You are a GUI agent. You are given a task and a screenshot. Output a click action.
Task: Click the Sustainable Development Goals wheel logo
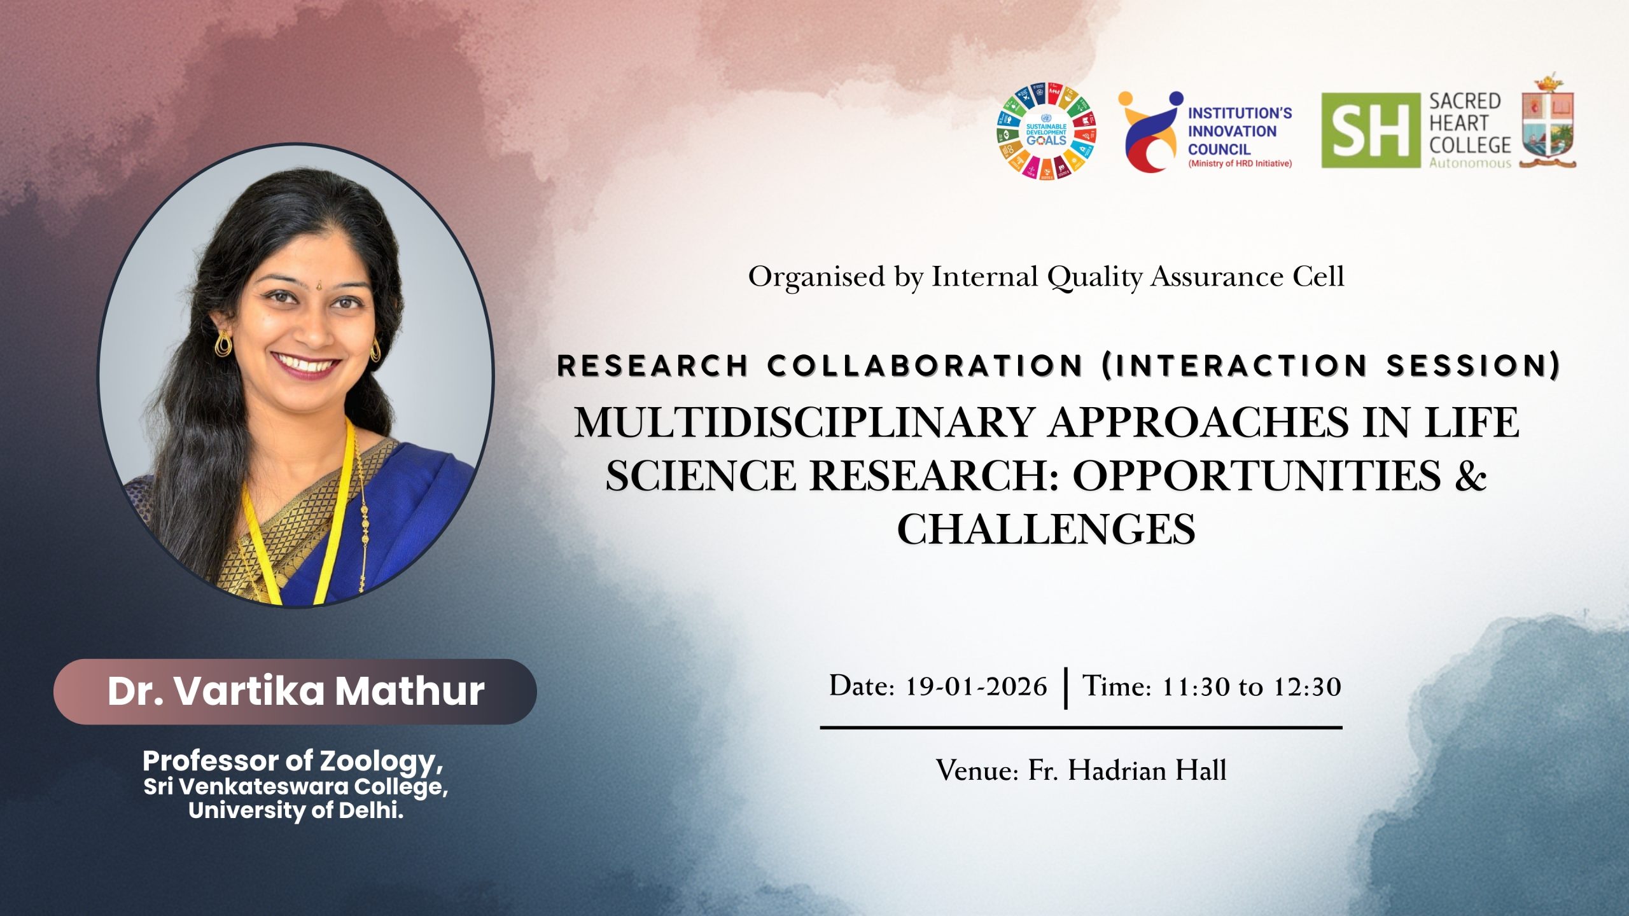point(1047,131)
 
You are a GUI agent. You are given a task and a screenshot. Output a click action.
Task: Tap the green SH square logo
point(1371,130)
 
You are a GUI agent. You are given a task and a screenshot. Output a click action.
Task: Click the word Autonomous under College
point(1470,163)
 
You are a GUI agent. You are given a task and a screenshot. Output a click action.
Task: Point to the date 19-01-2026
point(975,687)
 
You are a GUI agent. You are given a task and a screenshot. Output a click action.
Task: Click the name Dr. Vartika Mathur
point(296,691)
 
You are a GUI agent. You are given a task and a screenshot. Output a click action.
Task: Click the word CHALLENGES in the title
point(1046,529)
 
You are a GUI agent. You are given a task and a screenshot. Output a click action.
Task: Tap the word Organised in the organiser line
point(817,277)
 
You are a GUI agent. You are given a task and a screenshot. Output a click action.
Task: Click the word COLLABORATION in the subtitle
point(926,366)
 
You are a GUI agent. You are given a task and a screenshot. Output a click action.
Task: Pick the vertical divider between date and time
point(1065,688)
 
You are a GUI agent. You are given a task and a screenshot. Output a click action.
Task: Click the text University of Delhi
point(296,810)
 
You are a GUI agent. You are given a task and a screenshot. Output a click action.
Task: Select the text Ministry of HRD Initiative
point(1240,163)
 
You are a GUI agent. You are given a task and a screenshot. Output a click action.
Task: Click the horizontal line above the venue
point(1081,727)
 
